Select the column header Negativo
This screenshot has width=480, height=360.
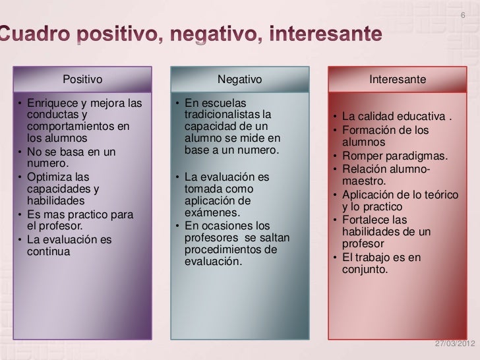240,80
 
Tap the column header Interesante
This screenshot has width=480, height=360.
398,80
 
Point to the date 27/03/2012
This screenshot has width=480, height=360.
455,345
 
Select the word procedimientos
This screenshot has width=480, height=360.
221,250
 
